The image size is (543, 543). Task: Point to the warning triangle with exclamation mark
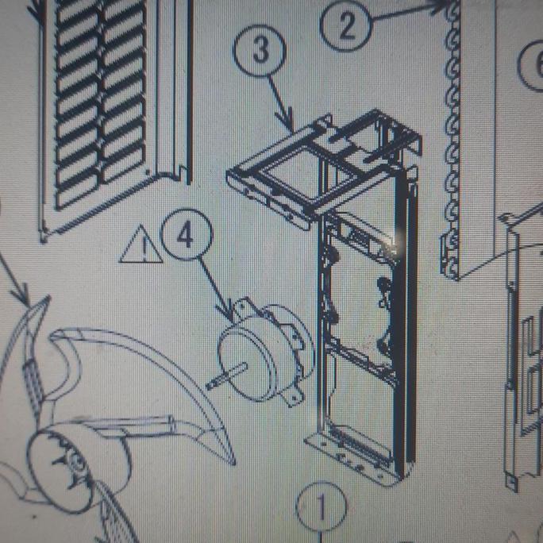click(x=141, y=246)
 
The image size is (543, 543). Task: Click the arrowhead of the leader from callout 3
click(x=295, y=127)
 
